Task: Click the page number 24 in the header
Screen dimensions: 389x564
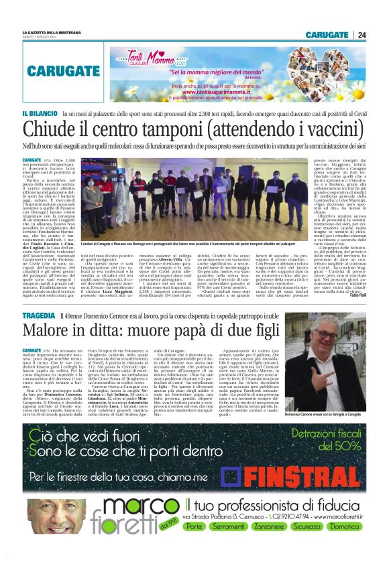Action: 362,35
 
